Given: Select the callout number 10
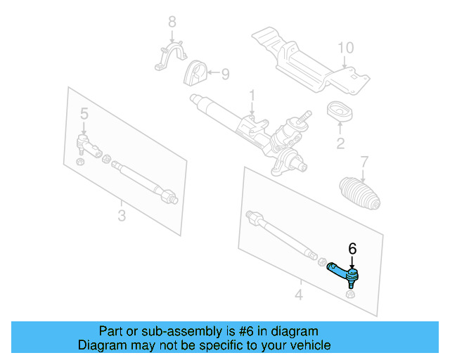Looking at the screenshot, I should point(345,49).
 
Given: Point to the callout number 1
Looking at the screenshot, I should point(251,95).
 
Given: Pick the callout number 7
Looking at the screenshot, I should point(364,162).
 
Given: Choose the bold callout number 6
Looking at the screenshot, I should point(353,248).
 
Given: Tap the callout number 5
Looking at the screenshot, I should point(84,114).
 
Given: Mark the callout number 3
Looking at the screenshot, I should point(122,215).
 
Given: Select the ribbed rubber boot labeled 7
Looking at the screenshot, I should point(360,192).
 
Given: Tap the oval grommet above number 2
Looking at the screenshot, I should point(340,112).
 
